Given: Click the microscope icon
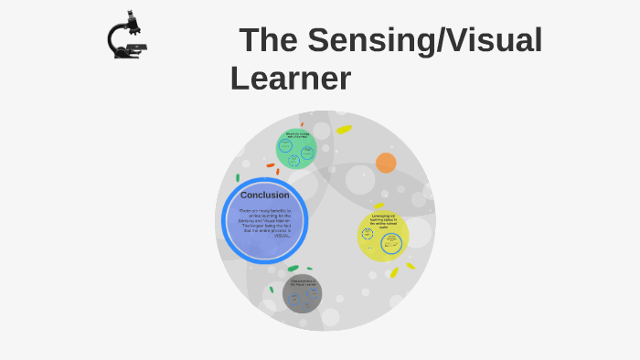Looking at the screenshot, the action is [127, 36].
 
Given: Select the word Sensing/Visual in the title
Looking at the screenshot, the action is [424, 40].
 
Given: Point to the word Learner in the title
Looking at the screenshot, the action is [291, 79].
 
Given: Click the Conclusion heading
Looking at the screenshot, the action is [264, 195].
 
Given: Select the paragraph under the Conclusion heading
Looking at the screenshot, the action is [264, 223].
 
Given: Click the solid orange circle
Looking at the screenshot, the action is [386, 163].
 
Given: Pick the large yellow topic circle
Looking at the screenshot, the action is [382, 237].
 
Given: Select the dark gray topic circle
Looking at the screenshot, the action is [302, 293].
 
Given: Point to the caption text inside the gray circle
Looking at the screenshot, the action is [302, 283].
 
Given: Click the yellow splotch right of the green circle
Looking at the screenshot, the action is [344, 129].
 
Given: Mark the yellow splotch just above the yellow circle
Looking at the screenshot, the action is [379, 206].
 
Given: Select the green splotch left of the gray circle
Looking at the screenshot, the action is [293, 269].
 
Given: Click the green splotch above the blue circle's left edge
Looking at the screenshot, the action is [238, 177].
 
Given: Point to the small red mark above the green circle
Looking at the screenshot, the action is [302, 124].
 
